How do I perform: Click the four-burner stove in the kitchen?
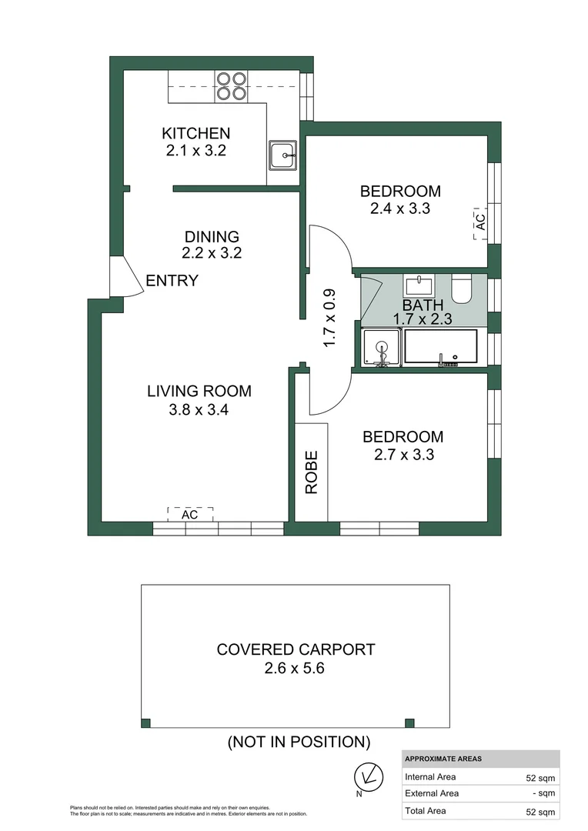tap(231, 85)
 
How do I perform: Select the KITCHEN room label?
tap(195, 134)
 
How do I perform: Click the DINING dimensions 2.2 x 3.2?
tap(212, 252)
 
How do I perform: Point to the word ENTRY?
tap(172, 281)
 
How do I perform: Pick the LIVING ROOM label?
tap(199, 392)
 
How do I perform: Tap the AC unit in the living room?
tap(189, 514)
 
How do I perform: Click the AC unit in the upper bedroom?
tap(479, 222)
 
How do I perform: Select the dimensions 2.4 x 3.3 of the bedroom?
tap(400, 209)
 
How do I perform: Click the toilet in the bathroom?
tap(463, 289)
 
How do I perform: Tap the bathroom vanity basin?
tap(418, 285)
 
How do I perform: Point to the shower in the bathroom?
tap(381, 347)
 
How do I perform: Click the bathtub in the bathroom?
tap(440, 347)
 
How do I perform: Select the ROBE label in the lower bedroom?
tap(312, 472)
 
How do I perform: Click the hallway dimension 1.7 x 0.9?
tap(329, 317)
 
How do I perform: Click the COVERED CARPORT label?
tap(296, 649)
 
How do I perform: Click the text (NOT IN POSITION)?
tap(299, 743)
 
